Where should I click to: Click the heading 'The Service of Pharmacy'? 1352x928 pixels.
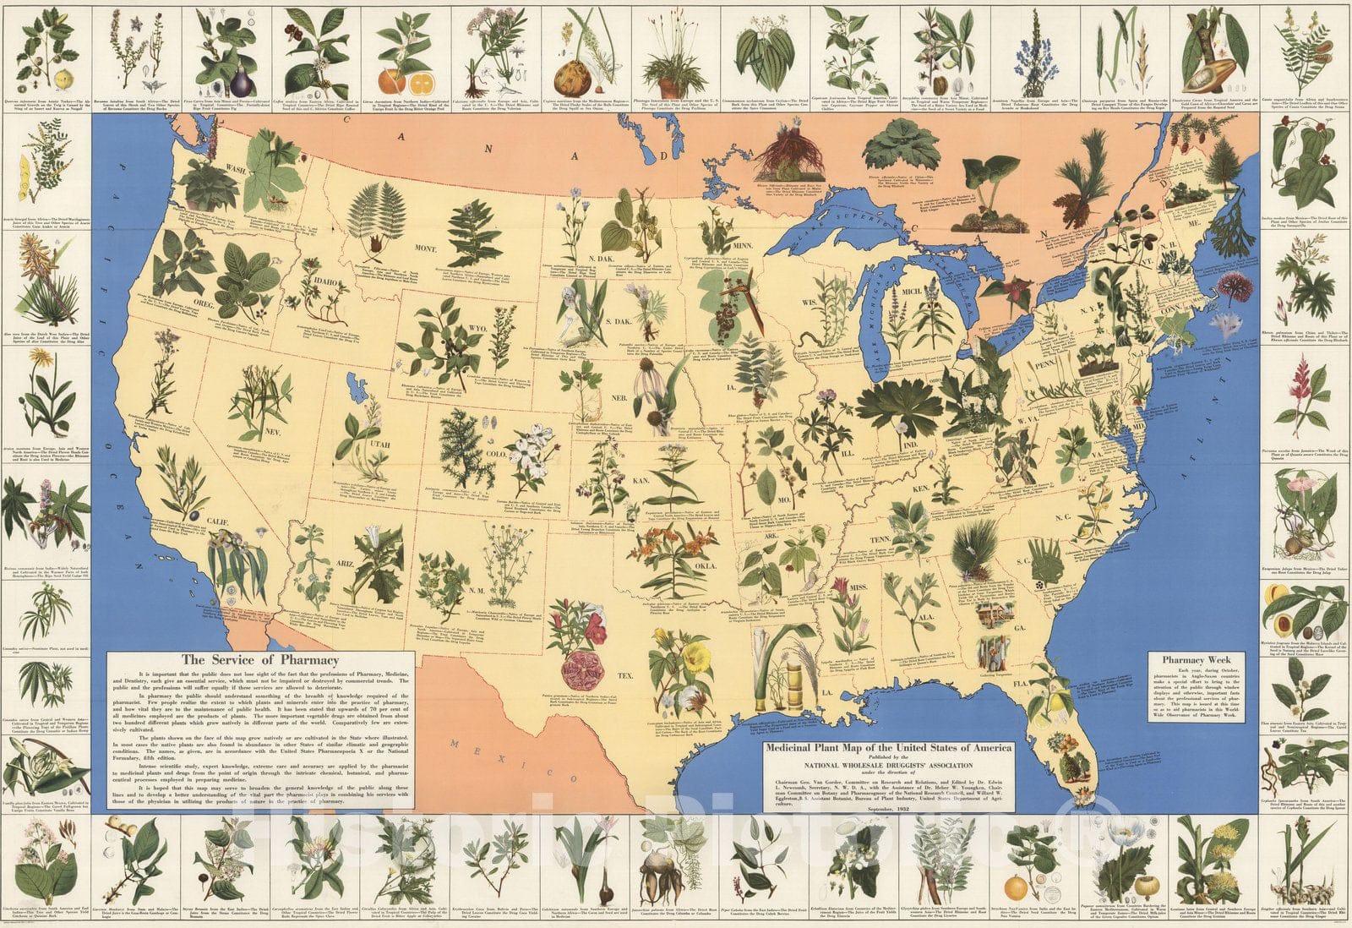point(259,660)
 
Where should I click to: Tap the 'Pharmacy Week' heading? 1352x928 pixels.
point(1196,659)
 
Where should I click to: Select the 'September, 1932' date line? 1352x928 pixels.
point(888,809)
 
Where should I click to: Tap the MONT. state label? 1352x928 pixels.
point(424,249)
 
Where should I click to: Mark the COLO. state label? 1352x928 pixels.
point(496,454)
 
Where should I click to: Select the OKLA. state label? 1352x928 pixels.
point(705,565)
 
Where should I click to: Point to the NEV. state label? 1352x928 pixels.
point(273,432)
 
